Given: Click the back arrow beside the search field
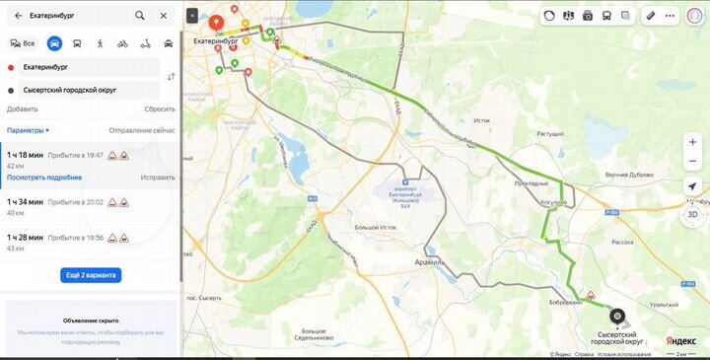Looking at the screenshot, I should [x=18, y=16].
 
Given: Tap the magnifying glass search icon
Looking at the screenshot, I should [x=140, y=16].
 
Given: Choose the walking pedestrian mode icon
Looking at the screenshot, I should [x=101, y=43].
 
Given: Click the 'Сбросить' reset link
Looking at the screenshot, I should [x=160, y=108].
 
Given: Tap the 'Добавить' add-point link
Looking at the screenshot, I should [x=22, y=108].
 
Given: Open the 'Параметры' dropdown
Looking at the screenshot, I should [x=28, y=130].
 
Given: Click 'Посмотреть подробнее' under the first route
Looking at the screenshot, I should [x=44, y=178].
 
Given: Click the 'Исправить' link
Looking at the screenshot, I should [x=158, y=178].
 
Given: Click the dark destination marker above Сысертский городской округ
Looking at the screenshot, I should [x=617, y=316].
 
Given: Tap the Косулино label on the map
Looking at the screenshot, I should [x=553, y=202].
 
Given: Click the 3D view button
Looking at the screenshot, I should [x=692, y=214].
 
